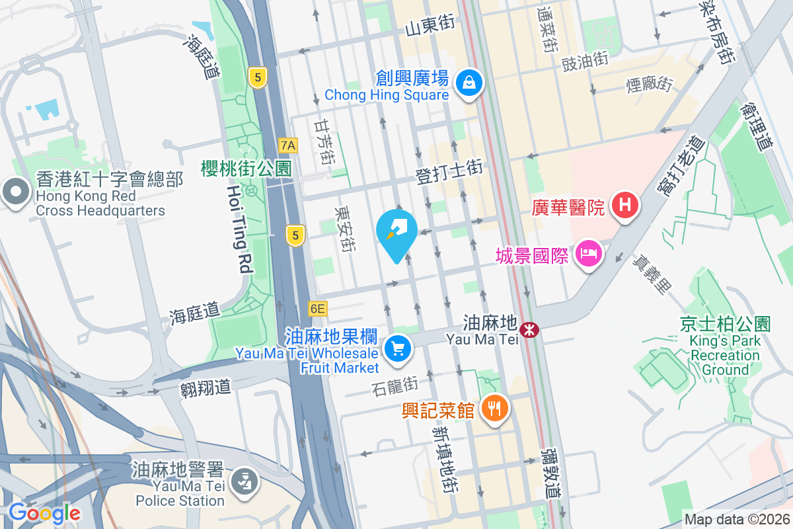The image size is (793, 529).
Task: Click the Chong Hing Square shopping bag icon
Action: (x=469, y=83)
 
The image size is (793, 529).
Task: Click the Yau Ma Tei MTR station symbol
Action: (x=529, y=329)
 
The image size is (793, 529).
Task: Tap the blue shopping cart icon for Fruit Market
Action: (x=397, y=347)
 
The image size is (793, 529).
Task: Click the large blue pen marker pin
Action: (x=397, y=233)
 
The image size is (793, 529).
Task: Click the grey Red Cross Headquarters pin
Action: (x=14, y=193)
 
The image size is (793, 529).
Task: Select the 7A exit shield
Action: (x=288, y=145)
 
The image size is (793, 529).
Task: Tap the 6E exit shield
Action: (x=317, y=308)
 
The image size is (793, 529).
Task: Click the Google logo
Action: (x=44, y=513)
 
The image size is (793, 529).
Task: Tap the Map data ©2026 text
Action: (x=736, y=520)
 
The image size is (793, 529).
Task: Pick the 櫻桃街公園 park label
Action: (x=246, y=169)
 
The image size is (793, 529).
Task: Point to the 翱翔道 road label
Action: (x=206, y=387)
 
